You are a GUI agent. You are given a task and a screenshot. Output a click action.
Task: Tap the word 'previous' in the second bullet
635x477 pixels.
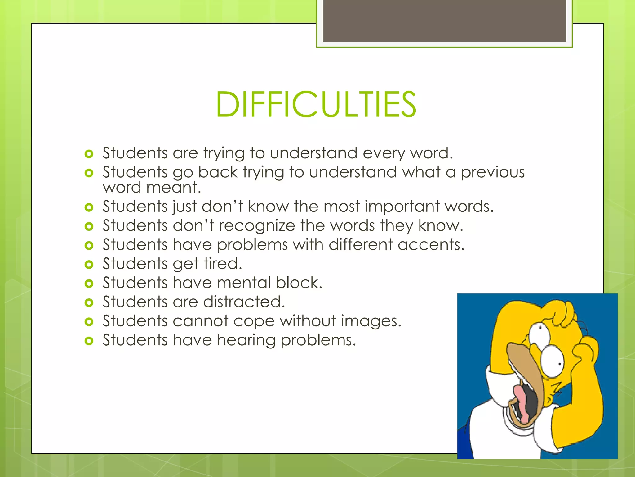click(x=492, y=172)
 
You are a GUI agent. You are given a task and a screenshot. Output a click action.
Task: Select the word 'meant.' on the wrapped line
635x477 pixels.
click(x=174, y=187)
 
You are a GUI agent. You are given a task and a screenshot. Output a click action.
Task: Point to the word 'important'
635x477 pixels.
click(x=402, y=207)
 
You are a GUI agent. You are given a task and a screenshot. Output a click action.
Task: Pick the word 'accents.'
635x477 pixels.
click(x=431, y=245)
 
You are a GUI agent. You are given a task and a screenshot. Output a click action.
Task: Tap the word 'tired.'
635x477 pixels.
click(x=223, y=264)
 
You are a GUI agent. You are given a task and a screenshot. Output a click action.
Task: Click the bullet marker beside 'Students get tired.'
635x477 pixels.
click(x=89, y=265)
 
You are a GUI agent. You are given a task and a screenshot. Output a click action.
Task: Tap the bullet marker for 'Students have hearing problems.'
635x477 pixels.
click(x=89, y=341)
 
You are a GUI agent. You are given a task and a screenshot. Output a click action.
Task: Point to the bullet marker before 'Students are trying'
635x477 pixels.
click(x=89, y=154)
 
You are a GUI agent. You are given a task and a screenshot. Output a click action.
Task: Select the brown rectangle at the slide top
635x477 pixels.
click(x=444, y=20)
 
